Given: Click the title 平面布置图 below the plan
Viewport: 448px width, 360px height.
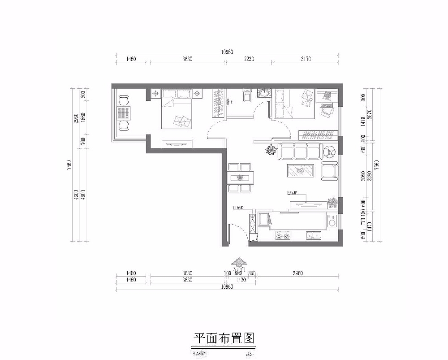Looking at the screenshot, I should coord(224,338).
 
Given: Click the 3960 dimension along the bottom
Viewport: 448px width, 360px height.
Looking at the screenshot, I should coord(297,273).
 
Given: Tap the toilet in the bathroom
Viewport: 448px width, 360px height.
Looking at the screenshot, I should coord(246,95).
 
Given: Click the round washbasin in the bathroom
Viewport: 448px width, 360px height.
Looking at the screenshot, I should coord(264,93).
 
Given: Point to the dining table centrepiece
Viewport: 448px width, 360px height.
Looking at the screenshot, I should coord(241,178).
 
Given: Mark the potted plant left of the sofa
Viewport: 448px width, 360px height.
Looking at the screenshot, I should coord(271,150).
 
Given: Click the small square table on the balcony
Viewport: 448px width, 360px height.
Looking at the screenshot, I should coord(124,113).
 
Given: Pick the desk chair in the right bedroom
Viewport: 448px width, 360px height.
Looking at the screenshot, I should coord(326,109).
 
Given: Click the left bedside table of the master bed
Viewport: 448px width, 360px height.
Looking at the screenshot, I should coord(155,94).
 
